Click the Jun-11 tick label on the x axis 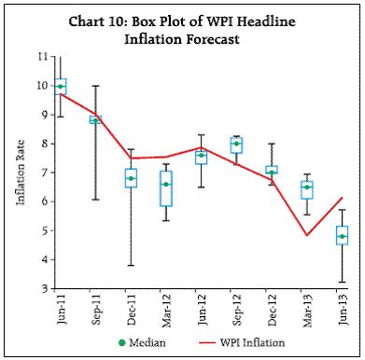(61, 308)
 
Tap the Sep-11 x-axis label (95, 308)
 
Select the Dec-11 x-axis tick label (131, 308)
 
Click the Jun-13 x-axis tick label (342, 308)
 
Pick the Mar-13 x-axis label (306, 308)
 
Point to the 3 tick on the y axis (44, 289)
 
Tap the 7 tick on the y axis (44, 173)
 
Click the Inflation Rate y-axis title (20, 174)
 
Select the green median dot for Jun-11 (61, 87)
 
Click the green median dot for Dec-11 (131, 178)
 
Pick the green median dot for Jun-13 (342, 237)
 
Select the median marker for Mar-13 (306, 187)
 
